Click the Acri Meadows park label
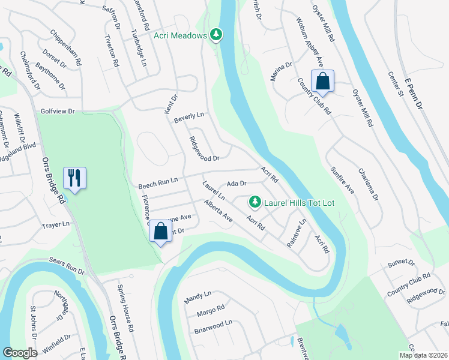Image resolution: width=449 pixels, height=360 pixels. pos(179,35)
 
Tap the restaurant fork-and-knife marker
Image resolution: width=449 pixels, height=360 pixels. pos(75,178)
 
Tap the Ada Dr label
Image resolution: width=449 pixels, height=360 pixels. pos(237,184)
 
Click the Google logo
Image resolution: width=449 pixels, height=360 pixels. pos(20,353)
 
